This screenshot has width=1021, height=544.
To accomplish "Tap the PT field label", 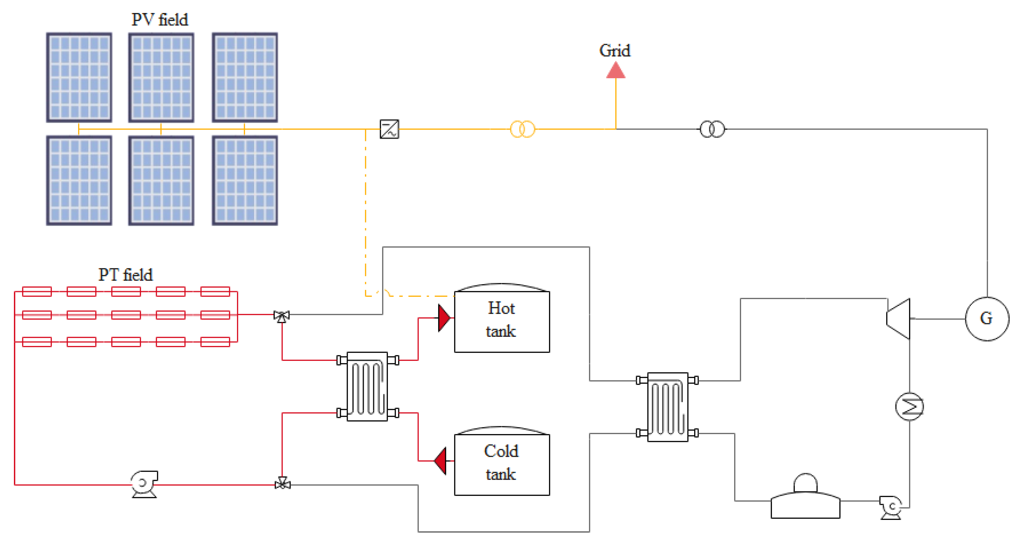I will (125, 275).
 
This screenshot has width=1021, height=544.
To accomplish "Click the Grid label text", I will (615, 51).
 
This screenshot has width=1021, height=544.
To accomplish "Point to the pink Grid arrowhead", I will (615, 71).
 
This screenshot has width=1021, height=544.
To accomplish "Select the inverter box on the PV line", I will (389, 129).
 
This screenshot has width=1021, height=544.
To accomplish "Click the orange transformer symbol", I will (522, 129).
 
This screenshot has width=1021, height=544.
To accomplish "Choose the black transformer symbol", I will (712, 129).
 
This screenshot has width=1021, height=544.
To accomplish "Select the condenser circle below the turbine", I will (909, 406).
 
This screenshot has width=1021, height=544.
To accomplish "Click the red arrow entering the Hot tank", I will (444, 318).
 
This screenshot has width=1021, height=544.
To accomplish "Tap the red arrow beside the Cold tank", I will (441, 461).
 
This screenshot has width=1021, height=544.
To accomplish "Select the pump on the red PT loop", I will (144, 484).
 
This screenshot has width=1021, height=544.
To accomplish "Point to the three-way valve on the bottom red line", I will (282, 484).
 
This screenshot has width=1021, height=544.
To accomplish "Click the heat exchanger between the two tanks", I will (367, 387).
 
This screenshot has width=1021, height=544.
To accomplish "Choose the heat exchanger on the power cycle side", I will (668, 407).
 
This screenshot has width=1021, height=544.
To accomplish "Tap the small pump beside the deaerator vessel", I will (891, 507).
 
